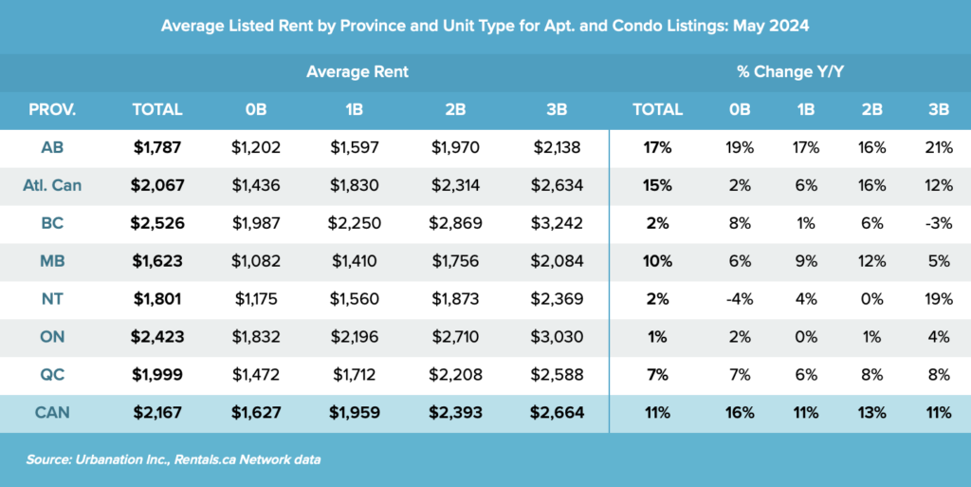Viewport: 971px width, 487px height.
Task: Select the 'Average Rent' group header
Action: point(357,71)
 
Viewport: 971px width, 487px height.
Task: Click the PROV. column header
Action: point(53,109)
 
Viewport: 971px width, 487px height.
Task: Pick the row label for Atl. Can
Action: point(53,185)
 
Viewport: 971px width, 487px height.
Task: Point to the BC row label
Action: point(53,224)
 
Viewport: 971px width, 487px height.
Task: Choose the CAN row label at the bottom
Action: point(53,413)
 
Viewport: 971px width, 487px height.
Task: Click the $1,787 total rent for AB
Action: point(157,147)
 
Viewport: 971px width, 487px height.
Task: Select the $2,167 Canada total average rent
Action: point(157,413)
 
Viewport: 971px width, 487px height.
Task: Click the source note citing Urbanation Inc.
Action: point(174,459)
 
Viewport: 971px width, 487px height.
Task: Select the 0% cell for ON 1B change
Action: point(807,338)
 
